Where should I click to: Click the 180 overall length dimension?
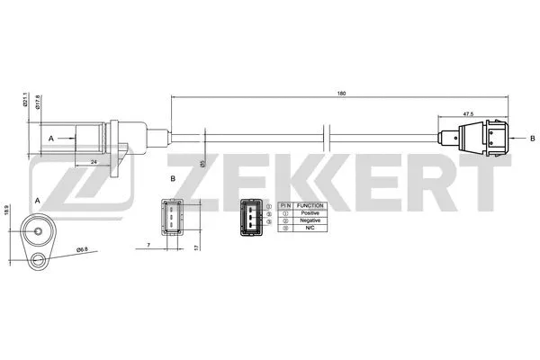(x=341, y=92)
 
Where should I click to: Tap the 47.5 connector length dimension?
(x=468, y=114)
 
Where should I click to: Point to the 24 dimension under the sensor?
(x=94, y=162)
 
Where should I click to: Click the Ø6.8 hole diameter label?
(x=81, y=248)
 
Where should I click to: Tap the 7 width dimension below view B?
(x=148, y=244)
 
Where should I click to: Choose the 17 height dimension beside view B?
(x=198, y=242)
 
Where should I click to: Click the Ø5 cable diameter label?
(x=204, y=164)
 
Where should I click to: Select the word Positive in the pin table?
(x=310, y=212)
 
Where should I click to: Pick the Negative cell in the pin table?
(x=310, y=220)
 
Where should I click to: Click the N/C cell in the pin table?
(x=310, y=229)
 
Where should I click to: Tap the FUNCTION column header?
(x=310, y=204)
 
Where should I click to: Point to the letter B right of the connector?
(x=533, y=137)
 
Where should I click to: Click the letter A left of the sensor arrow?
(x=51, y=139)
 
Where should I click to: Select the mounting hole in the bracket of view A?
(x=37, y=261)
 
